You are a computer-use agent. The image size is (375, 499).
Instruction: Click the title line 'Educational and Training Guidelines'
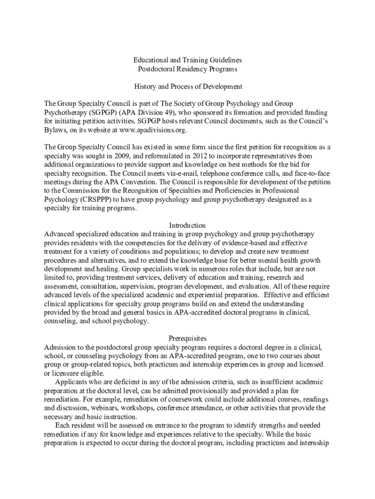[187, 59]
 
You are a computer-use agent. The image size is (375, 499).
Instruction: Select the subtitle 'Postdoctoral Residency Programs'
[187, 69]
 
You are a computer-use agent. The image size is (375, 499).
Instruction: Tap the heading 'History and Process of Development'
[187, 86]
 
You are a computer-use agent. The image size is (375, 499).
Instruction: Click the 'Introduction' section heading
[187, 225]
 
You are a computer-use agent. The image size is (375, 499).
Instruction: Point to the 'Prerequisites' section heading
[187, 338]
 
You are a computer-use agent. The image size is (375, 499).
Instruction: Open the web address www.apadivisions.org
[153, 130]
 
